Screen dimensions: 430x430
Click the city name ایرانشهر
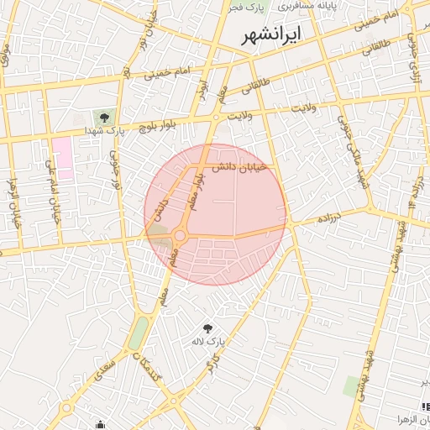pyautogui.click(x=273, y=36)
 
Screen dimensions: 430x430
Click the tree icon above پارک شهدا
pyautogui.click(x=103, y=118)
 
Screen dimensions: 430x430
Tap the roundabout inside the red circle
pyautogui.click(x=180, y=235)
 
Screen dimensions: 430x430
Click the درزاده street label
pyautogui.click(x=328, y=218)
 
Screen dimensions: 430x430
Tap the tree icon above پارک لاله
pyautogui.click(x=207, y=327)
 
